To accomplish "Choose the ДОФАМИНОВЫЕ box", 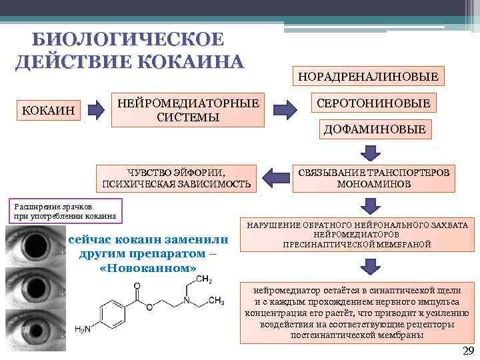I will click(374, 129).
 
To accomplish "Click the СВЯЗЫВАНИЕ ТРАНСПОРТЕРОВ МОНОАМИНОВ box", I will click(374, 177).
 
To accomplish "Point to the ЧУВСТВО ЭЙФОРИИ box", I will click(176, 177).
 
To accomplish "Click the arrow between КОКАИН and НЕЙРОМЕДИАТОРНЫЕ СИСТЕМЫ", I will click(97, 109).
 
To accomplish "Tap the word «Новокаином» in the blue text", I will click(147, 267).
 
